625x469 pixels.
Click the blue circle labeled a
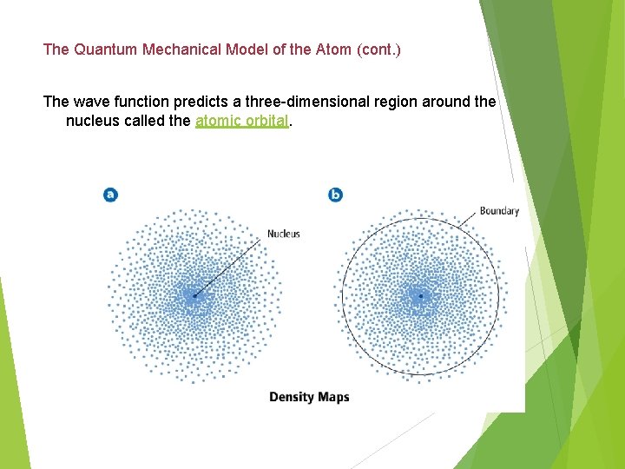[x=110, y=195]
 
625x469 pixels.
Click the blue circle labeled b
[x=336, y=195]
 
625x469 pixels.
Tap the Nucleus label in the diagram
[x=283, y=234]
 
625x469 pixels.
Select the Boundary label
[x=499, y=210]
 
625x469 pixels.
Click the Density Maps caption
[x=309, y=397]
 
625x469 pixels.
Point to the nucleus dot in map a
[x=194, y=296]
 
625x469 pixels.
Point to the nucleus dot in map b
[x=420, y=296]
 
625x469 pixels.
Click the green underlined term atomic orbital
[x=241, y=121]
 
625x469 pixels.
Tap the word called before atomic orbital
[x=146, y=121]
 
